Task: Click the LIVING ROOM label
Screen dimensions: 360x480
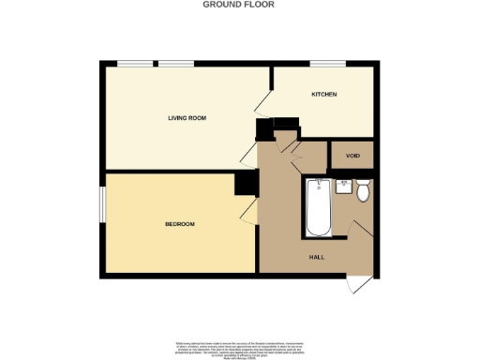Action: click(x=187, y=119)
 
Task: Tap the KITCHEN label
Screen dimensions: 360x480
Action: click(x=324, y=96)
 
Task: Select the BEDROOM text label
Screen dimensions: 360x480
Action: click(x=179, y=224)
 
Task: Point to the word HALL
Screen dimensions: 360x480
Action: click(x=318, y=256)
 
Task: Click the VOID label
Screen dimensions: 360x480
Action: click(x=352, y=155)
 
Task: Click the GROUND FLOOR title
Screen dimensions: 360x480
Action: click(x=239, y=5)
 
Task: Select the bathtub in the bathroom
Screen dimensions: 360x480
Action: click(x=317, y=206)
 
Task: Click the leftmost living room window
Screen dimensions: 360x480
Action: click(x=135, y=64)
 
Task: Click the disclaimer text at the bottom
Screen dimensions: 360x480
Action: click(x=239, y=345)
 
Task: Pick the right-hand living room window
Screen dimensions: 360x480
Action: click(x=175, y=64)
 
